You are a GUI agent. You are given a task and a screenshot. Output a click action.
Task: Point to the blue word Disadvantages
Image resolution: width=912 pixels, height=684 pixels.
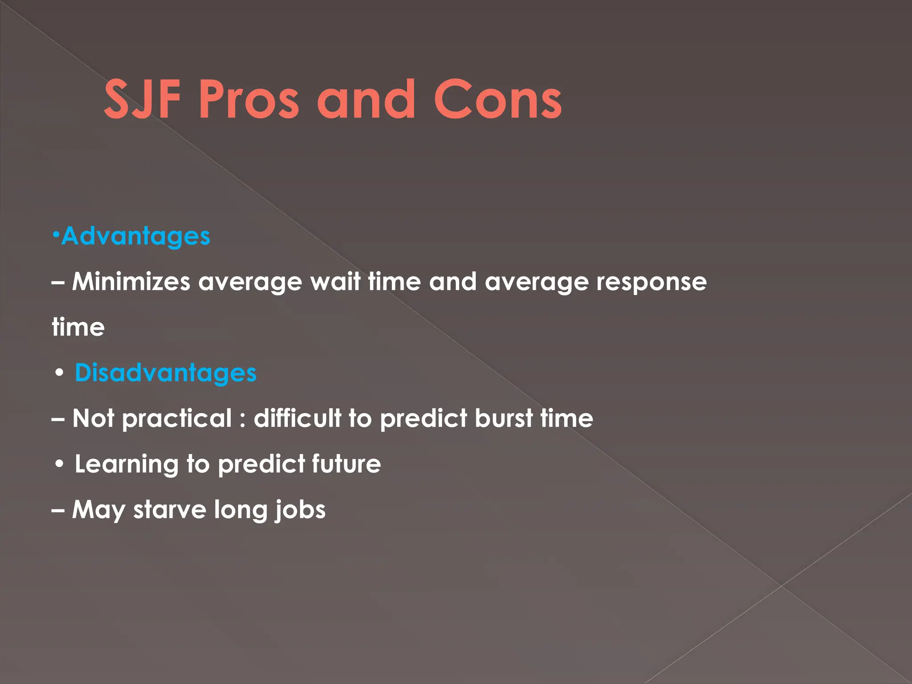(x=165, y=373)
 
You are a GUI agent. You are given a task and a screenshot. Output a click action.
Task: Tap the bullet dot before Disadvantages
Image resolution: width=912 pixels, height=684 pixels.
(x=59, y=373)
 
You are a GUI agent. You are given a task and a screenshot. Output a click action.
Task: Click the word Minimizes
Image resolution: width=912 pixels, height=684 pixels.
(x=131, y=281)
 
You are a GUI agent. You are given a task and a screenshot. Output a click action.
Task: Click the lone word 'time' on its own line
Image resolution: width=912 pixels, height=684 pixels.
(x=78, y=327)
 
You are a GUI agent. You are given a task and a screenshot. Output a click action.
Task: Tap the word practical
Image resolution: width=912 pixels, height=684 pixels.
(x=176, y=419)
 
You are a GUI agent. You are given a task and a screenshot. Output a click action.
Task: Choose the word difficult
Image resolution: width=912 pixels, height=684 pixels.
(x=297, y=418)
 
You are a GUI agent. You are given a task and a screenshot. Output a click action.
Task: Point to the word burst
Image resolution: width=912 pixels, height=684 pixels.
(x=504, y=418)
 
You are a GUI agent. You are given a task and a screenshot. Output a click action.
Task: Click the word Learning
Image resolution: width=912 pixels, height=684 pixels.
(x=126, y=464)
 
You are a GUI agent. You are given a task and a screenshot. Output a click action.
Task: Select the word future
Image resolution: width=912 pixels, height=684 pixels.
(x=346, y=464)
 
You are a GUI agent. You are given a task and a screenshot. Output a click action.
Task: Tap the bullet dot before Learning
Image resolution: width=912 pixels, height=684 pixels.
(x=59, y=464)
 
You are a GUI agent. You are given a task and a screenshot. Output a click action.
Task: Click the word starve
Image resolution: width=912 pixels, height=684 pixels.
(x=169, y=510)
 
